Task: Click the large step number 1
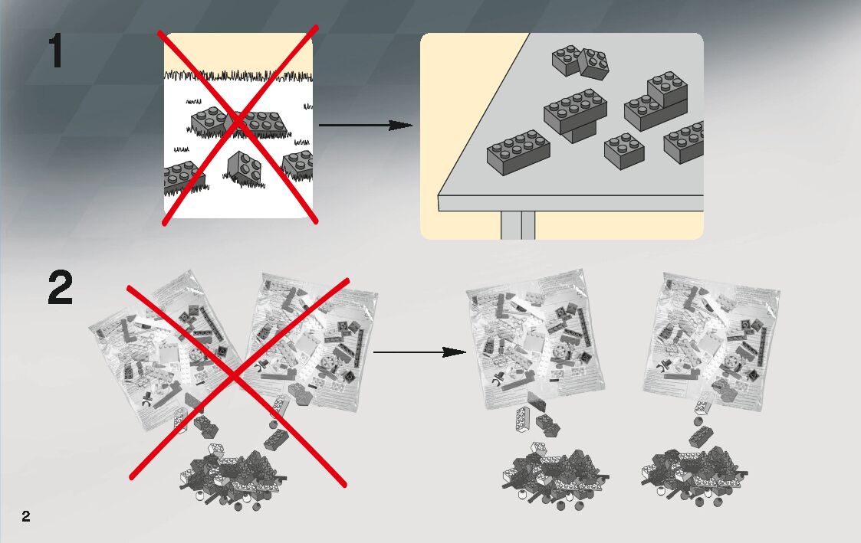point(56,52)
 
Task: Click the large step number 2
point(61,289)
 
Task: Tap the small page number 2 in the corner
point(26,515)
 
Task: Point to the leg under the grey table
point(518,225)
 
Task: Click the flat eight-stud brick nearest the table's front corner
point(518,151)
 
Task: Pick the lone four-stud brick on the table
point(623,151)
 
